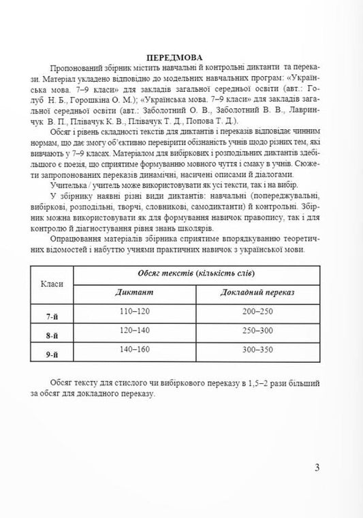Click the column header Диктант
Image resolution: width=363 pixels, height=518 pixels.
coord(135,291)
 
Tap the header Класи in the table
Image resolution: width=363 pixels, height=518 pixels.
coord(52,282)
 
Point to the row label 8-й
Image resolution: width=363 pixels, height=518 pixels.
coord(52,336)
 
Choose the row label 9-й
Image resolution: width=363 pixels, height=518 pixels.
coord(52,356)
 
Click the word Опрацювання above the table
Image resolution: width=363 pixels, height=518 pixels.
coord(78,240)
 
